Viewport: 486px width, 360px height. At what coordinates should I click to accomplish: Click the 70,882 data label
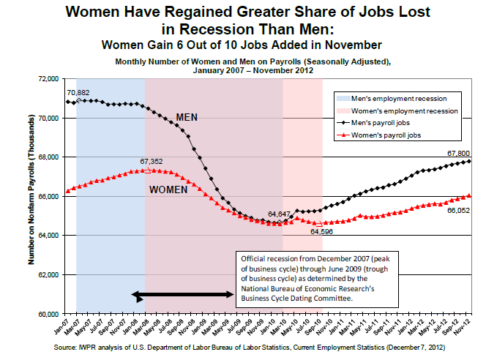tap(78, 93)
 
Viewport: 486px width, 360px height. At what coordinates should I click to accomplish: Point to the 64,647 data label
tap(280, 214)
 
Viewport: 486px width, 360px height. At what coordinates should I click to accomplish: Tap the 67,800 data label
tap(456, 153)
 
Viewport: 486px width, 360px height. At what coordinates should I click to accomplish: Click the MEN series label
tap(187, 117)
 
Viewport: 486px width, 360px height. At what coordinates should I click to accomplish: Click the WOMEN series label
tap(170, 190)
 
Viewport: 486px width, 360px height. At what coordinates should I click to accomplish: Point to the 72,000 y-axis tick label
tap(48, 78)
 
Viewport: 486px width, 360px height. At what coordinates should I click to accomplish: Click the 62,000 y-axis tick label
tap(48, 275)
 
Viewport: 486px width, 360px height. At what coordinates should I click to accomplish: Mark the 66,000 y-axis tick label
tap(48, 196)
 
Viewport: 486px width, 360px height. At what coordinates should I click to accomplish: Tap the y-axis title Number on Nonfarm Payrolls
tap(33, 195)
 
